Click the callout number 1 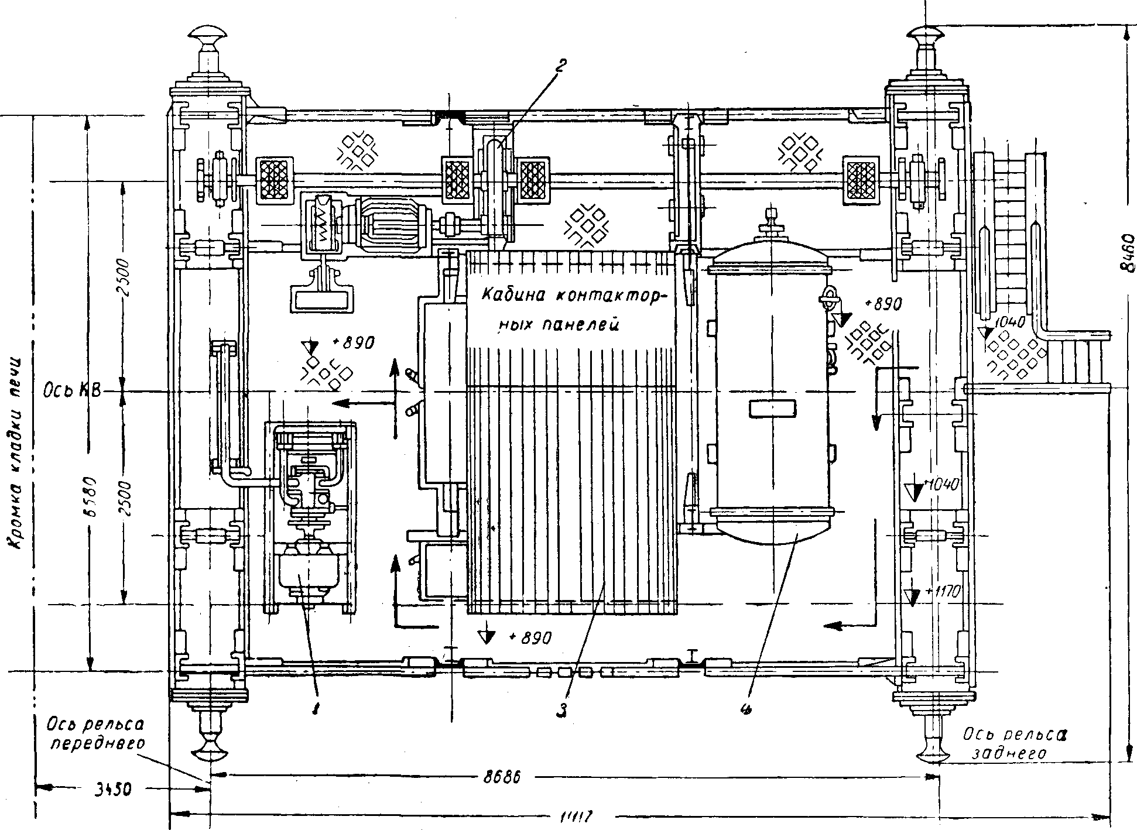click(316, 709)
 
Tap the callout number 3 click(561, 710)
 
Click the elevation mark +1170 click(940, 592)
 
